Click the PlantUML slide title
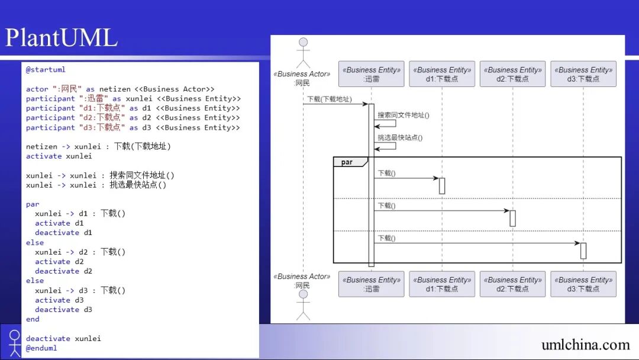coord(62,38)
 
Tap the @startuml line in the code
coord(46,70)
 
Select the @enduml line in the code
coord(41,348)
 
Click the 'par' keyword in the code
coord(33,204)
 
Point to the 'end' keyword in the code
coord(33,319)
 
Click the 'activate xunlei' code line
coord(59,156)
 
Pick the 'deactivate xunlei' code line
coord(63,339)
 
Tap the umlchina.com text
coord(585,345)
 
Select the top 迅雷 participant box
coord(372,74)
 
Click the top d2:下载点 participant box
coord(512,74)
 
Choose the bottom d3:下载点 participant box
coord(583,284)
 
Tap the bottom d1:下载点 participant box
coord(442,284)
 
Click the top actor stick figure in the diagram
coord(304,53)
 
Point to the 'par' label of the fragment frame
coord(347,162)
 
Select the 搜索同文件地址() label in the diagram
coord(404,115)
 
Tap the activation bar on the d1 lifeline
coord(442,186)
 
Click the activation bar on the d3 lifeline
coord(583,250)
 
